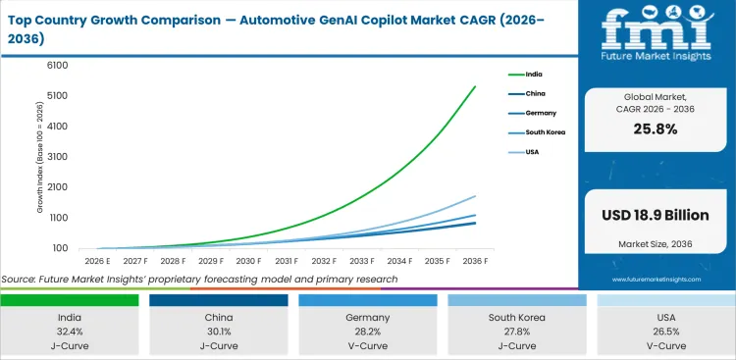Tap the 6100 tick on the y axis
pyautogui.click(x=56, y=65)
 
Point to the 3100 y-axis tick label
pyautogui.click(x=56, y=156)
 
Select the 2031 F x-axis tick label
pyautogui.click(x=286, y=261)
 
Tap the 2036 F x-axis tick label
pyautogui.click(x=476, y=261)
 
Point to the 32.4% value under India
pyautogui.click(x=69, y=332)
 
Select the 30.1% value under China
pyautogui.click(x=218, y=332)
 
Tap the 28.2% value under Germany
pyautogui.click(x=367, y=332)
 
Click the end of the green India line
pyautogui.click(x=476, y=86)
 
